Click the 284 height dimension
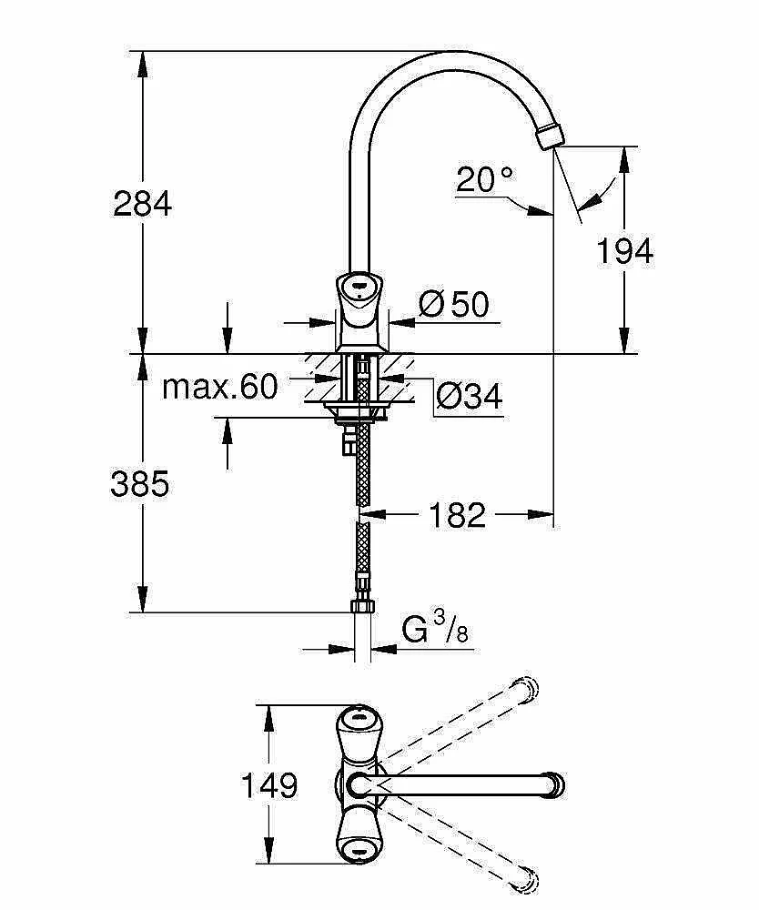click(142, 204)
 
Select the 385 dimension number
click(140, 483)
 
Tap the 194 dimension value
click(625, 251)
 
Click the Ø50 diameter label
click(454, 304)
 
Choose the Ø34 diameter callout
click(470, 397)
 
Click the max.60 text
click(220, 387)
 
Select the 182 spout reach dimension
click(457, 515)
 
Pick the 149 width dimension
click(269, 785)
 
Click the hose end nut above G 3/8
click(362, 606)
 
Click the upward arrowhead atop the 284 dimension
click(142, 64)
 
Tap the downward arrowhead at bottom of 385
click(142, 599)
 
